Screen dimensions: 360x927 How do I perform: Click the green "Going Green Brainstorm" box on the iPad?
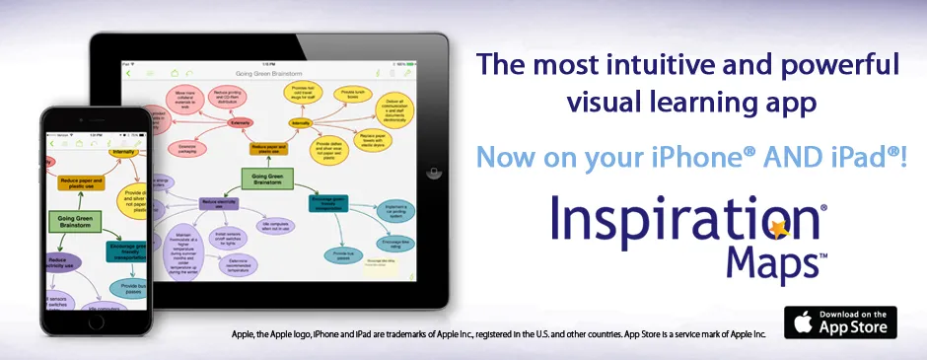tap(267, 179)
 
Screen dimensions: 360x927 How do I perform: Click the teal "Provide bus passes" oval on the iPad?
tap(343, 255)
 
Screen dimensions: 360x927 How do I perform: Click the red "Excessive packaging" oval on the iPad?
tap(185, 148)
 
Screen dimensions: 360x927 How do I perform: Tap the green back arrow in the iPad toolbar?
tap(128, 74)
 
